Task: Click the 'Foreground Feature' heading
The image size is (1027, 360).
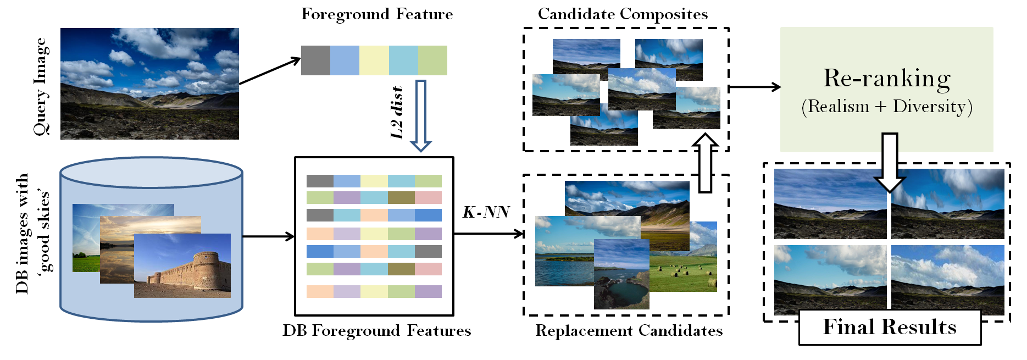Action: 377,14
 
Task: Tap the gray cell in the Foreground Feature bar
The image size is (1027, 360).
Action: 315,60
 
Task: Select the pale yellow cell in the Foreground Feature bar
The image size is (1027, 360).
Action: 374,60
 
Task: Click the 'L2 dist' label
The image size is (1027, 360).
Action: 397,112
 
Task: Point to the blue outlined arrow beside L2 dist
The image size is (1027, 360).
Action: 421,115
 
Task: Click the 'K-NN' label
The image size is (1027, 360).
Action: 486,212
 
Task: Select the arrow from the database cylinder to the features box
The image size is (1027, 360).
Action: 268,237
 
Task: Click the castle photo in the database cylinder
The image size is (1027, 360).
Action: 182,266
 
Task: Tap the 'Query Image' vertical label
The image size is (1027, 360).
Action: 41,86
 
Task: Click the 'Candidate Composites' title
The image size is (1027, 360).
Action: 623,14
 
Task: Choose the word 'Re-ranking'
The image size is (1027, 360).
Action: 887,79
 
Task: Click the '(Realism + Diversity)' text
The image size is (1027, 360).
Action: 887,106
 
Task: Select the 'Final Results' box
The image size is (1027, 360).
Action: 890,328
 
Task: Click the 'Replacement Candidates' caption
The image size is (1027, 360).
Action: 629,331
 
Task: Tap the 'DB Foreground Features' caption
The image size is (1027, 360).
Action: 376,331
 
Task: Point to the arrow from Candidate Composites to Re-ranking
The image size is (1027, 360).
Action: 754,87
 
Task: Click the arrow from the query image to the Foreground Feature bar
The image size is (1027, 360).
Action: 269,71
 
